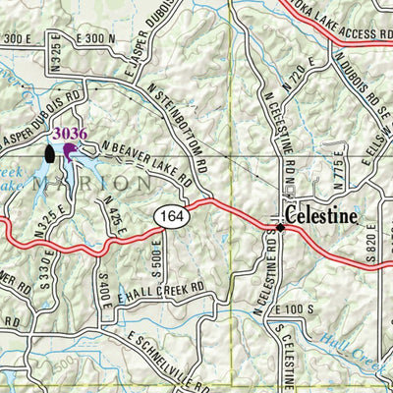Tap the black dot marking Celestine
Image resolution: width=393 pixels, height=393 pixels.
[x=280, y=227]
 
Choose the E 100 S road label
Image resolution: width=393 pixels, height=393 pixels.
[x=296, y=309]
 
